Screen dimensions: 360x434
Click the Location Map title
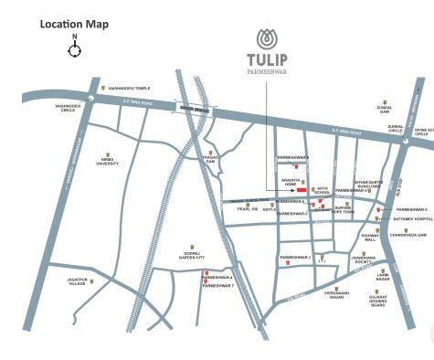click(74, 24)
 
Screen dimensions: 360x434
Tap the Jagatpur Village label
click(80, 282)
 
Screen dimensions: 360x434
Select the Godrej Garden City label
click(195, 255)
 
